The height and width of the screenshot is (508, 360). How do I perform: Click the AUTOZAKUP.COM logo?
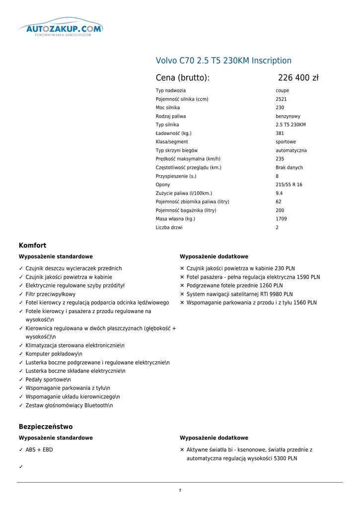(60, 29)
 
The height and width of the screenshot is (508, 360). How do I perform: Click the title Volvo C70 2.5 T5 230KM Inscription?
(223, 61)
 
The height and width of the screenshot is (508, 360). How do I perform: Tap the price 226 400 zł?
(298, 78)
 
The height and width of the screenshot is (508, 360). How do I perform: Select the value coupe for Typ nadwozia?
(282, 91)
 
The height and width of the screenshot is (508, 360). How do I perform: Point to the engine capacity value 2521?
(281, 99)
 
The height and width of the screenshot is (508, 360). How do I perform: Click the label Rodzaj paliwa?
(171, 117)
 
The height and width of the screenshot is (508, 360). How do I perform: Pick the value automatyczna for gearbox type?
(291, 150)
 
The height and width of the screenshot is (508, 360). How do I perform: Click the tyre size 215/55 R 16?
(289, 185)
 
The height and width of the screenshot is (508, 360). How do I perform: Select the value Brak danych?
(289, 168)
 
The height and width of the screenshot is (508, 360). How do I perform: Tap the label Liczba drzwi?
(169, 228)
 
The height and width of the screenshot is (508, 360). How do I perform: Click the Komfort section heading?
(32, 246)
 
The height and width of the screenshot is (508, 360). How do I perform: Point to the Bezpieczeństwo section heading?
(46, 427)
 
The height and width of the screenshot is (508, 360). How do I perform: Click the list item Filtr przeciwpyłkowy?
(51, 294)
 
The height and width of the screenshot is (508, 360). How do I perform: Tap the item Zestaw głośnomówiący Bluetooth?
(69, 405)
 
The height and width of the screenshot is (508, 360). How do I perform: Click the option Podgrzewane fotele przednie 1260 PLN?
(234, 286)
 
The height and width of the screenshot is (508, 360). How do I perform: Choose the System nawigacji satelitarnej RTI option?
(239, 294)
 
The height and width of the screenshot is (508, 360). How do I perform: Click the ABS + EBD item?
(39, 450)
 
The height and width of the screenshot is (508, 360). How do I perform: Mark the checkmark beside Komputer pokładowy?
(21, 354)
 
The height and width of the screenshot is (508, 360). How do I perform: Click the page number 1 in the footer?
(180, 491)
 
